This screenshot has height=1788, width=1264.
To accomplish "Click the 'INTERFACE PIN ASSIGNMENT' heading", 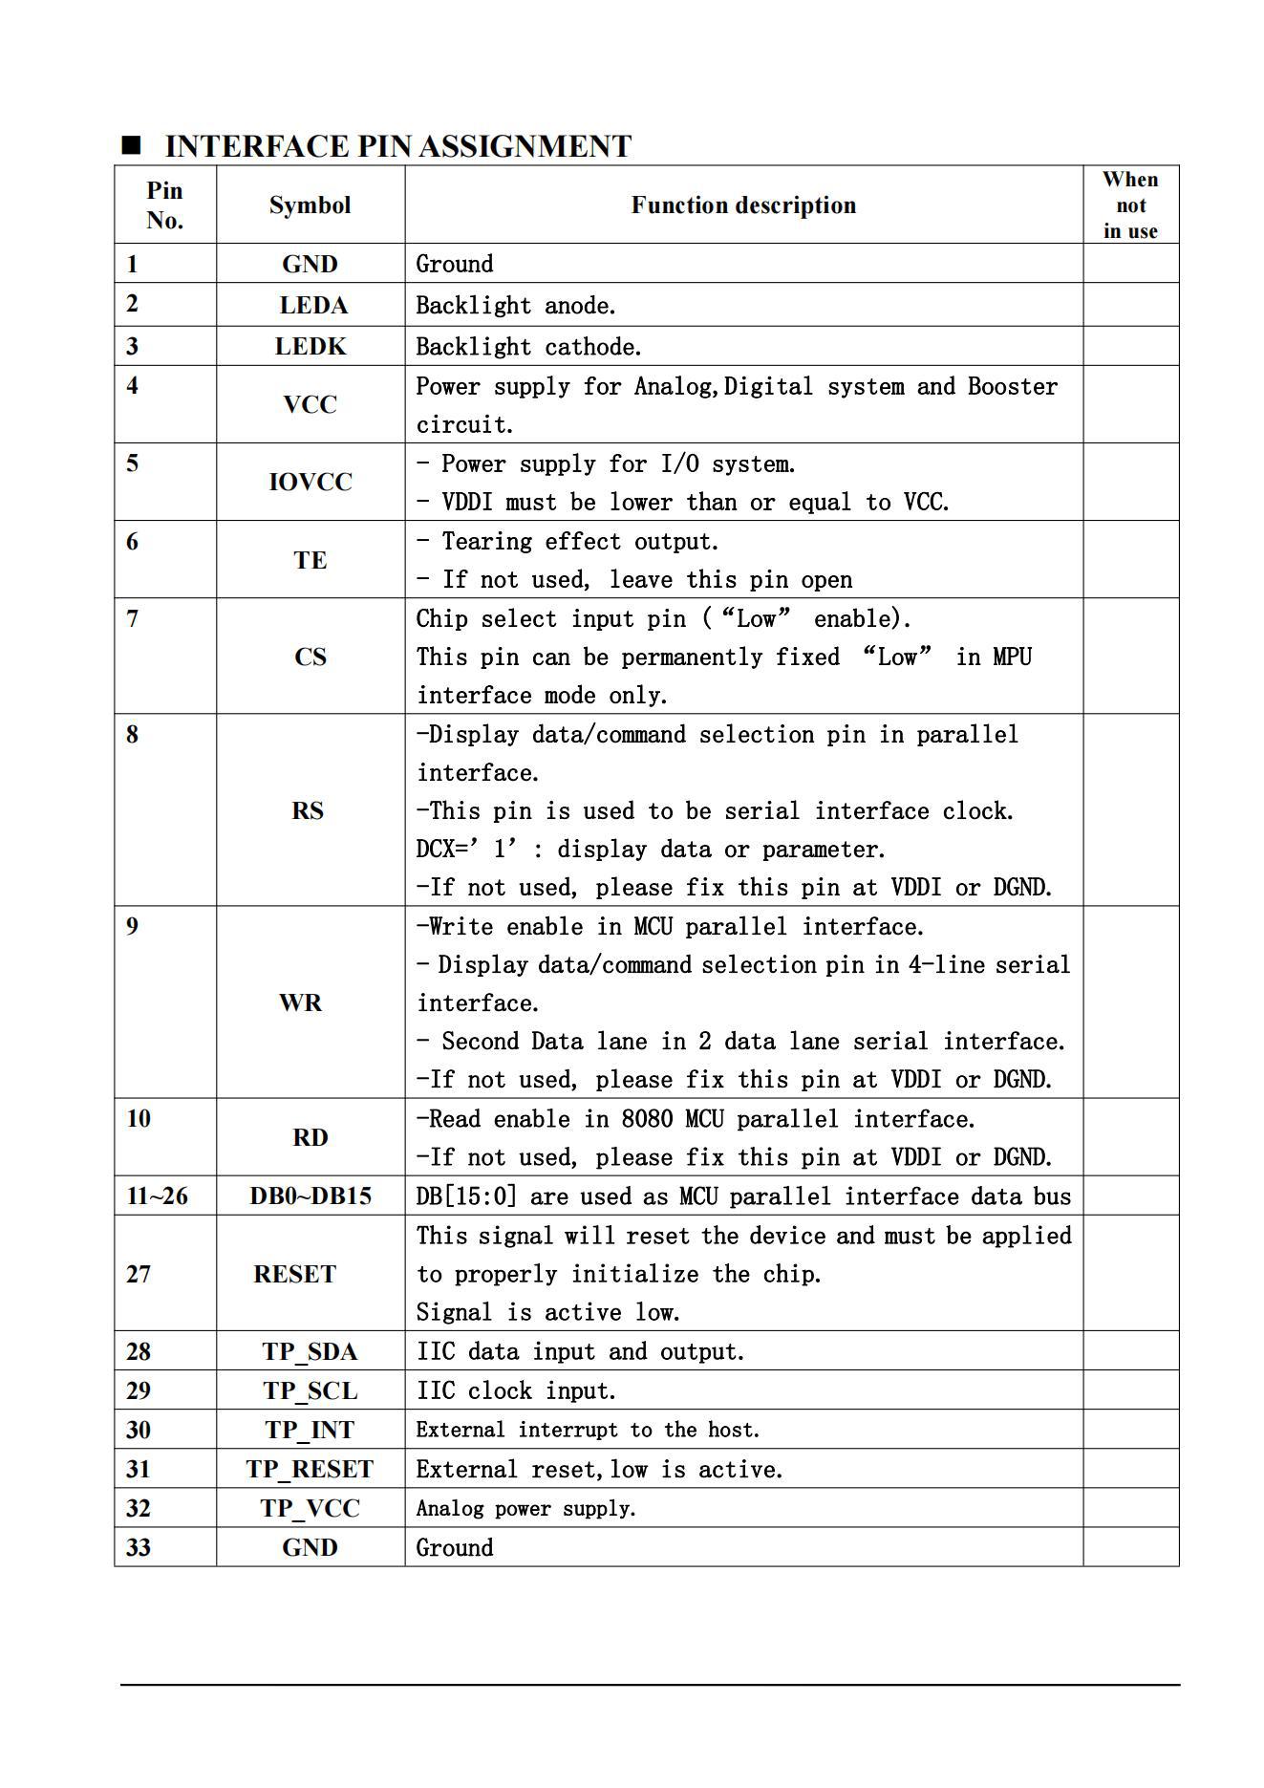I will [x=397, y=146].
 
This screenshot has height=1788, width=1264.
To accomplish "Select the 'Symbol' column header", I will [x=310, y=205].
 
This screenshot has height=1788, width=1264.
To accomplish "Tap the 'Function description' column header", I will [x=743, y=205].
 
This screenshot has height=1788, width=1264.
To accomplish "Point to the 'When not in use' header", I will [x=1130, y=205].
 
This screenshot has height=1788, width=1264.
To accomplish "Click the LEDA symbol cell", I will [x=312, y=306].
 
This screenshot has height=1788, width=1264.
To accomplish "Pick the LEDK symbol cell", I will [x=311, y=347].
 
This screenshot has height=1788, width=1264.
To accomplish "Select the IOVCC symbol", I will [x=311, y=483].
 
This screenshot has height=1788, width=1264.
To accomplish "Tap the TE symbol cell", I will [x=310, y=560].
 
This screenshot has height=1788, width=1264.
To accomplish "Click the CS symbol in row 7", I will [x=311, y=657].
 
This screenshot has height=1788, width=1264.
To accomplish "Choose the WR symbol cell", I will [x=300, y=1002].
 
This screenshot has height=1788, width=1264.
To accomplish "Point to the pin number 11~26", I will [x=157, y=1196].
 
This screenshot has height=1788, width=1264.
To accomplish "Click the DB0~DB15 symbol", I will [x=311, y=1196].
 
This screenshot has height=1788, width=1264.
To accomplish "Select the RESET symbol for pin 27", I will [x=294, y=1275].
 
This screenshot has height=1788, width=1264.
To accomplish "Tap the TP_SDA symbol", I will [x=310, y=1352].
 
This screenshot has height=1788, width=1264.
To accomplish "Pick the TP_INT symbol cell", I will [x=310, y=1431].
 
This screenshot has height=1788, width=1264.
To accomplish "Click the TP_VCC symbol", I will [x=310, y=1509].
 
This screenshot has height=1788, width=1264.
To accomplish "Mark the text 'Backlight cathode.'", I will [x=528, y=347].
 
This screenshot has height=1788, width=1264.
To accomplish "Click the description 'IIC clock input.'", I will [x=516, y=1391].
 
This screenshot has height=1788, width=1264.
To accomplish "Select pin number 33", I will [x=139, y=1548].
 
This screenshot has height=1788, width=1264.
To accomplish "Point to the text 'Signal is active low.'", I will [x=547, y=1313].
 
